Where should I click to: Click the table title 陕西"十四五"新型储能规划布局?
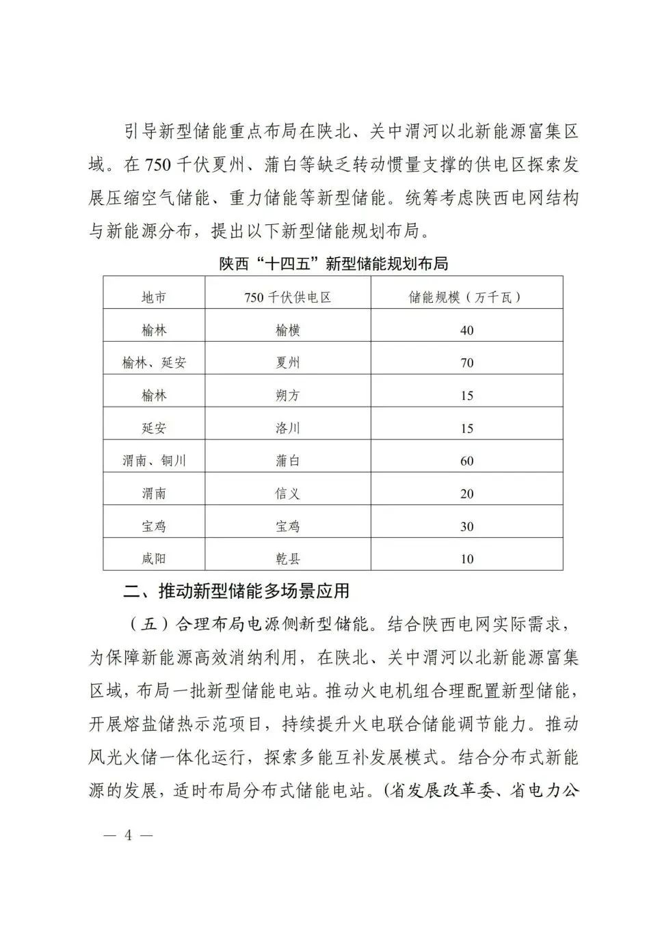click(x=333, y=264)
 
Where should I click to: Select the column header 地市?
click(x=154, y=297)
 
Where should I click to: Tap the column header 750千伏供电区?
click(x=287, y=297)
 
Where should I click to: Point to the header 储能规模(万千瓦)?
click(x=466, y=297)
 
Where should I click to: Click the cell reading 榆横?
click(x=287, y=330)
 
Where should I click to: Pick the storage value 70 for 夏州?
click(x=466, y=363)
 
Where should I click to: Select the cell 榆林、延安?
click(x=154, y=363)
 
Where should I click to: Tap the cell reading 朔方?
click(x=287, y=396)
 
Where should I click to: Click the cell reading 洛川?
click(x=287, y=429)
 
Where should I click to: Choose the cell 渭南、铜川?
click(x=154, y=461)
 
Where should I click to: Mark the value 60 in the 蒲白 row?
click(x=466, y=461)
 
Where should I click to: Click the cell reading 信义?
click(x=287, y=494)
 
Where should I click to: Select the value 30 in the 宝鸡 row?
click(x=466, y=526)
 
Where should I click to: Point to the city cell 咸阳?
click(x=154, y=558)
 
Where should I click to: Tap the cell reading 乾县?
click(x=287, y=558)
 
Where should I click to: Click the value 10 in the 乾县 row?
click(x=466, y=558)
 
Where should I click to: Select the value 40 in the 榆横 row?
click(x=466, y=330)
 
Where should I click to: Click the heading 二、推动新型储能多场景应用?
click(x=236, y=591)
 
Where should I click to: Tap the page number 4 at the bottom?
click(x=127, y=835)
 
